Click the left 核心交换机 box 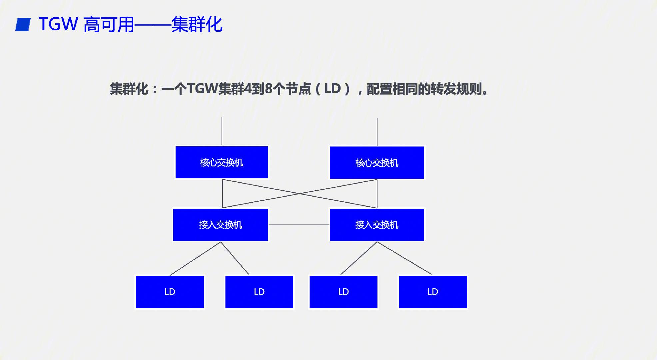pos(222,162)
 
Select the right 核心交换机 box pos(377,163)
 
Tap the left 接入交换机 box pos(221,225)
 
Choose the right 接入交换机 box pos(377,225)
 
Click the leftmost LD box pos(170,292)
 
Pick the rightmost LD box pos(433,292)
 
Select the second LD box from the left pos(259,292)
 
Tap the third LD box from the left pos(343,292)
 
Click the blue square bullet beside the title pos(23,25)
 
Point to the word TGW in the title pos(58,24)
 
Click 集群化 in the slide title pos(197,25)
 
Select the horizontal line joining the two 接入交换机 pos(299,225)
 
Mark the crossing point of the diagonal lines pos(300,194)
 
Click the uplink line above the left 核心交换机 pos(222,131)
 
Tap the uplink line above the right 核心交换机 pos(377,132)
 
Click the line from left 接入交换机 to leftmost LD pos(196,258)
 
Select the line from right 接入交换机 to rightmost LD pos(404,258)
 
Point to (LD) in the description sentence pos(332,89)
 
